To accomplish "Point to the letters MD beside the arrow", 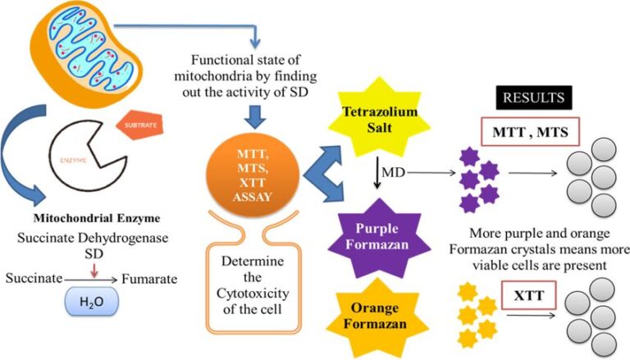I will [396, 174].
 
